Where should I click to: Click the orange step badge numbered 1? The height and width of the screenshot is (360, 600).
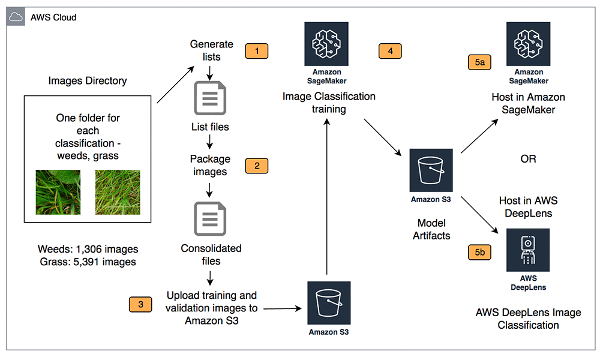(x=257, y=51)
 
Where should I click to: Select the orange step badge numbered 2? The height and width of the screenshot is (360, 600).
(x=257, y=166)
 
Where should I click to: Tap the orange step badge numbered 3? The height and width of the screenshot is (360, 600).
(x=140, y=304)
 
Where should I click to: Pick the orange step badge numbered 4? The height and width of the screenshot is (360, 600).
(x=391, y=51)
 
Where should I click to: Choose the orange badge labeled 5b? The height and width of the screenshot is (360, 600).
(x=479, y=253)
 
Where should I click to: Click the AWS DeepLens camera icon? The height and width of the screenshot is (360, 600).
(x=528, y=250)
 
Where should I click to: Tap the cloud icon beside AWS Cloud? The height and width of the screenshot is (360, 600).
(x=16, y=17)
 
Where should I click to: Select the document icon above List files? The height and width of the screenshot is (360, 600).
(x=210, y=97)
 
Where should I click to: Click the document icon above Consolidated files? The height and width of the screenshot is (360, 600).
(x=210, y=219)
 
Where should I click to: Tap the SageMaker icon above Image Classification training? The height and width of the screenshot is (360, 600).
(x=326, y=44)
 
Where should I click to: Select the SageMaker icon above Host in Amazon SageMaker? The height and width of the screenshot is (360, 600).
(x=528, y=44)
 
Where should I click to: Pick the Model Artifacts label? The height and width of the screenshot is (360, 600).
(x=431, y=229)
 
